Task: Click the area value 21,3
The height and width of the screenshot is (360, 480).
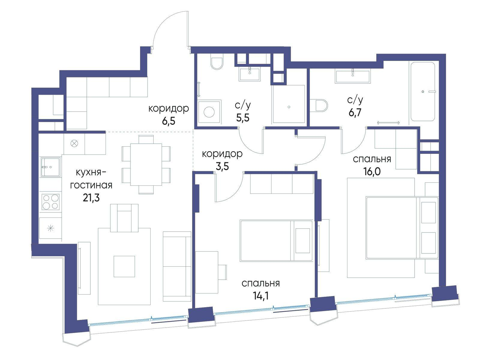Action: pos(91,198)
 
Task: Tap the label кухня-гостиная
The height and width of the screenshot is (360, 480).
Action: pos(91,179)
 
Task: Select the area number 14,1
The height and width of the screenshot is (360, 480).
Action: pos(261,296)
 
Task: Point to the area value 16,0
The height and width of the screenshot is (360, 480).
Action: pos(372,172)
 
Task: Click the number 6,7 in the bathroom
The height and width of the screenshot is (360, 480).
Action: pos(355,113)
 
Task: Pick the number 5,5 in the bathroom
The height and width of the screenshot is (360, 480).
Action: pos(243,118)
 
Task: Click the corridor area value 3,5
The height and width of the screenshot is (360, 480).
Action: pos(222,166)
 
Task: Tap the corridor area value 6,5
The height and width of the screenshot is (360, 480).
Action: pos(169,121)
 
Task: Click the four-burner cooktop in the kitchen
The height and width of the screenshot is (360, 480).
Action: pos(50,202)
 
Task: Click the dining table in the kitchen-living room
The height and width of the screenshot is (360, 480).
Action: pos(146,164)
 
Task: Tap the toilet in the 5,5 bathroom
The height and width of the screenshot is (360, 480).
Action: pos(217,63)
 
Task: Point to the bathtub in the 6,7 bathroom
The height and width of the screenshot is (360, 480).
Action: pos(422,91)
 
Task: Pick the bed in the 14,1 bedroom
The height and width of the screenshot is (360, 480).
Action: pos(276,241)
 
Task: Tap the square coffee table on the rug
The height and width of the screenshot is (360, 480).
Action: pos(124,266)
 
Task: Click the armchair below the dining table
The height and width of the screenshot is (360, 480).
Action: pos(124,218)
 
